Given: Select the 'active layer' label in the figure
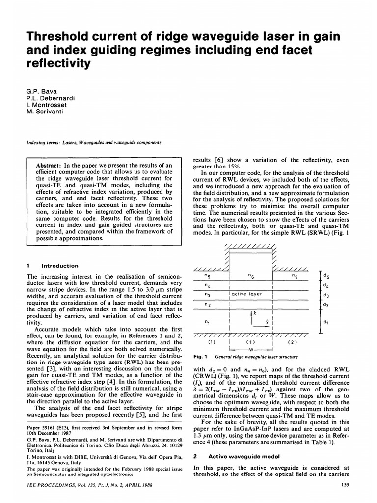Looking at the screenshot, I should (x=247, y=294).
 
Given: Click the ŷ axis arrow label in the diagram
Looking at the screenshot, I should (x=266, y=323).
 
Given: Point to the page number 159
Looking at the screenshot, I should (x=344, y=486).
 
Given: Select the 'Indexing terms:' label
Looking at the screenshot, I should (x=42, y=143).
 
